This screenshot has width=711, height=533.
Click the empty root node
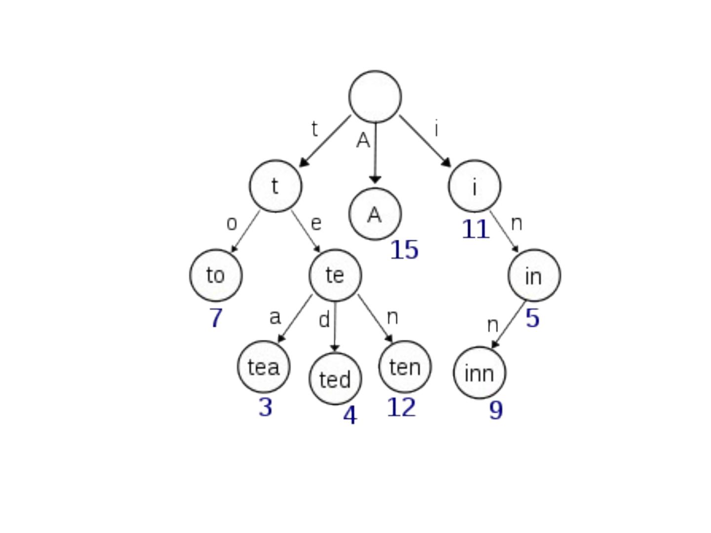click(x=375, y=96)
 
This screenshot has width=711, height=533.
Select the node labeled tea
click(x=264, y=367)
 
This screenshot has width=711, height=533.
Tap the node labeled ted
click(x=335, y=379)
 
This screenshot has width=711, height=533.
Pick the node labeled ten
click(x=405, y=367)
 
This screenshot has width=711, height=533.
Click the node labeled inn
click(x=479, y=373)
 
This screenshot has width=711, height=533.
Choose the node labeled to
click(x=216, y=275)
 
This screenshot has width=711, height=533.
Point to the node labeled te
click(x=335, y=275)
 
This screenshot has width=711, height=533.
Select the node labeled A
click(x=375, y=214)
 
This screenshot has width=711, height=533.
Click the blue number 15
click(x=404, y=250)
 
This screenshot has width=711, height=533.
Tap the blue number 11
click(x=475, y=229)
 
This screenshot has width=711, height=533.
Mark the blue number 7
click(x=216, y=318)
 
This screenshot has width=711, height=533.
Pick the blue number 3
click(x=265, y=408)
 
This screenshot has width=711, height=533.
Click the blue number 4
click(x=349, y=416)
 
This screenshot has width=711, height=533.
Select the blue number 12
click(x=401, y=408)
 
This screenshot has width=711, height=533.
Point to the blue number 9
click(x=496, y=410)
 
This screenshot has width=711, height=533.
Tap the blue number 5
click(x=532, y=318)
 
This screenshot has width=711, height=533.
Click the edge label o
click(x=232, y=224)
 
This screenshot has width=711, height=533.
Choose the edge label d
click(x=324, y=320)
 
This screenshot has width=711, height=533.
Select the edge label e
click(x=316, y=224)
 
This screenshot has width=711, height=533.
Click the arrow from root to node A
click(x=375, y=153)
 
